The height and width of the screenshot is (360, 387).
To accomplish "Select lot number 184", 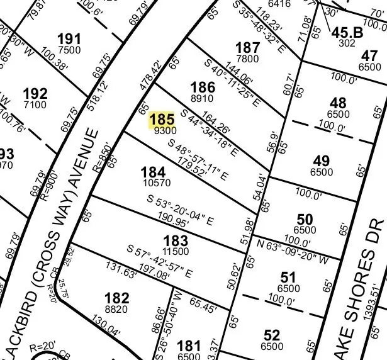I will pyautogui.click(x=153, y=172).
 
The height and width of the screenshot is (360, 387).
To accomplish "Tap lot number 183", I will pyautogui.click(x=175, y=240).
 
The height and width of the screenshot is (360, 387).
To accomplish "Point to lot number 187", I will pyautogui.click(x=247, y=48).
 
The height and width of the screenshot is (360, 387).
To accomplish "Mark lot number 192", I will pyautogui.click(x=35, y=94).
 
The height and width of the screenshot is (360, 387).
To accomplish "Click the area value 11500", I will pyautogui.click(x=175, y=251).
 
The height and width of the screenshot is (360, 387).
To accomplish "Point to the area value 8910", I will pyautogui.click(x=203, y=98).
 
